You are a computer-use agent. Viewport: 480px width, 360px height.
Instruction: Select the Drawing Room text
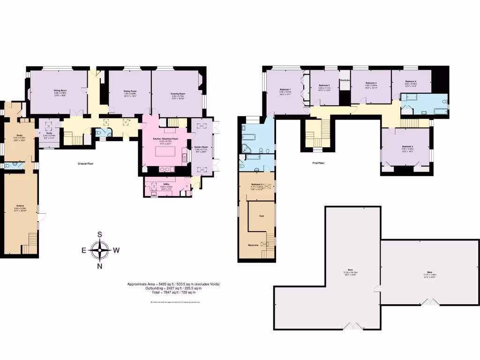(x=178, y=94)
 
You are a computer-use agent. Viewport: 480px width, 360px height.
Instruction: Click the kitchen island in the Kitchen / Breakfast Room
(x=167, y=153)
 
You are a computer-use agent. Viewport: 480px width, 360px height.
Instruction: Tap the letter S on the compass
(x=99, y=235)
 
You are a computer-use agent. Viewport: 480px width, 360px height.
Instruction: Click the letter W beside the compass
(x=116, y=250)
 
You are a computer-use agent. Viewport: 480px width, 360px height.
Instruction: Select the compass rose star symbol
(x=100, y=250)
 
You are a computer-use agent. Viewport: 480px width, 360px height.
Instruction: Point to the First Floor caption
(x=318, y=163)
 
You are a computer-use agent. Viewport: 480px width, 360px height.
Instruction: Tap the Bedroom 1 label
(x=285, y=89)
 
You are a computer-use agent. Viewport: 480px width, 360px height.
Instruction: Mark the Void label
(x=262, y=216)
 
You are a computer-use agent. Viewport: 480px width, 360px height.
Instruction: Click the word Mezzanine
(x=253, y=245)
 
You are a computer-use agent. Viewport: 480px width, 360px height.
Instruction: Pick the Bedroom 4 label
(x=371, y=83)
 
